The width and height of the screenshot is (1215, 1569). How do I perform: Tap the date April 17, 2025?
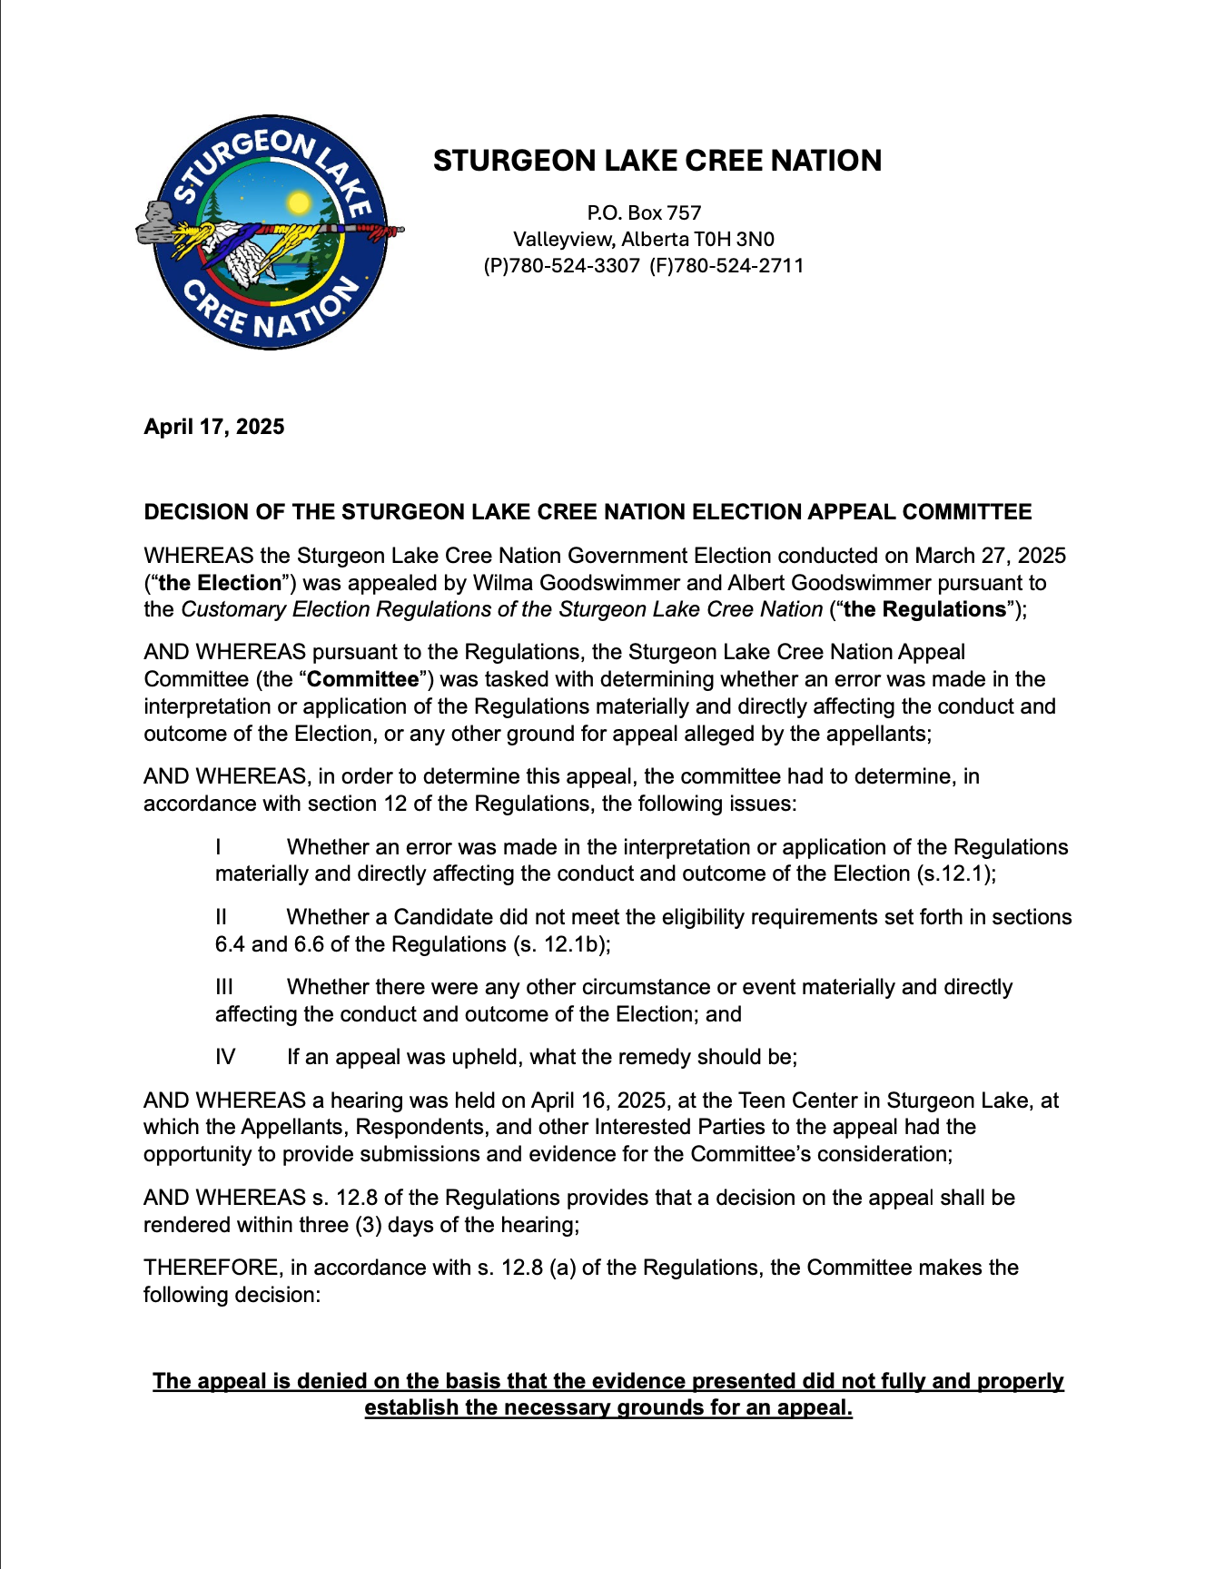[213, 427]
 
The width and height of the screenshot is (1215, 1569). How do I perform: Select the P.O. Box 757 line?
[644, 212]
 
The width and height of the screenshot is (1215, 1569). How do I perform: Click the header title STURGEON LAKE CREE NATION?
[657, 161]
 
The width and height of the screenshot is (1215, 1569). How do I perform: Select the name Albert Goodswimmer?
[830, 583]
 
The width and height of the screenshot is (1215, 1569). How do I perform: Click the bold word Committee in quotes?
[363, 679]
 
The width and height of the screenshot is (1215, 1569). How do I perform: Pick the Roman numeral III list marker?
[224, 987]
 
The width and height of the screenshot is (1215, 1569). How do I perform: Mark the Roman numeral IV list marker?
[225, 1057]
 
